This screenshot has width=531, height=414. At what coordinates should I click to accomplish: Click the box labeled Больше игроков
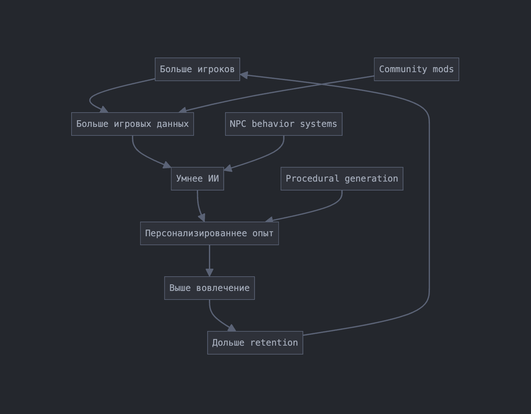coord(197,69)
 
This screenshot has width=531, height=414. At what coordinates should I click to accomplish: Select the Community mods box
coord(416,69)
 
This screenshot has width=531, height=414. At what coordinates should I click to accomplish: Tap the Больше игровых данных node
coord(133,124)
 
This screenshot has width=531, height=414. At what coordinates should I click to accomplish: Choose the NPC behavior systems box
coord(284,124)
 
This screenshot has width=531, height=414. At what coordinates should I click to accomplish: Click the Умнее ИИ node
coord(197,179)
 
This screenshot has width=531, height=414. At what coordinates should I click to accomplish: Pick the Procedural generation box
coord(342,179)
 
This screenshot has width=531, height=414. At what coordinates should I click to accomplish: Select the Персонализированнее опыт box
coord(210,233)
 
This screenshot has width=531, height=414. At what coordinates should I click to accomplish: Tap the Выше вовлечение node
coord(210,288)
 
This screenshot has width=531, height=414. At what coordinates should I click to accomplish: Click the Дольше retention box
coord(255,343)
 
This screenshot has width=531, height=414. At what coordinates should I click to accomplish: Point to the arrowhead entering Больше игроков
coord(244,75)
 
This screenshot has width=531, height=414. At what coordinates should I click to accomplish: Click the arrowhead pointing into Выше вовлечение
coord(210,273)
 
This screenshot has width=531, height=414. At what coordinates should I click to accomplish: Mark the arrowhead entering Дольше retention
coord(232,328)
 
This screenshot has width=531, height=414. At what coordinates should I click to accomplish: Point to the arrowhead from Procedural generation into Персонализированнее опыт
coord(269,220)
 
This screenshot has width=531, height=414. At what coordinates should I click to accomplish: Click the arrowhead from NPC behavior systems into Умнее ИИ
coord(228,169)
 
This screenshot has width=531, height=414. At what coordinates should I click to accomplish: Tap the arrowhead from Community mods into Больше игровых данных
coord(183,110)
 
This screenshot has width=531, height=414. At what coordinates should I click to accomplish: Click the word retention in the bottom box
coord(274,343)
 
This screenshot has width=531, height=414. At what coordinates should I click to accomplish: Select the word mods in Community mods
coord(443,69)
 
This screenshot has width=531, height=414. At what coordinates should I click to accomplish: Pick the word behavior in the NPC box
coord(273,124)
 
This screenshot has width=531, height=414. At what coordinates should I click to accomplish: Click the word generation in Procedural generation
coord(371,179)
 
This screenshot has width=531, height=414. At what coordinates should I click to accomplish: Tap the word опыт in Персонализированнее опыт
coord(263,233)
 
